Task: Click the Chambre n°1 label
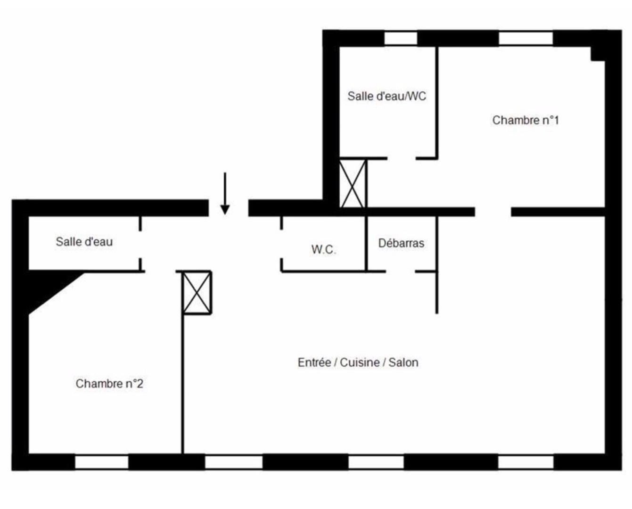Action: click(x=525, y=120)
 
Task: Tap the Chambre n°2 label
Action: click(x=109, y=384)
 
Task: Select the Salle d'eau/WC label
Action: click(x=387, y=96)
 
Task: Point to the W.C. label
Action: click(x=324, y=249)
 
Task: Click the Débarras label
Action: click(x=401, y=243)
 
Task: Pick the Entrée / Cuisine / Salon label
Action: click(x=358, y=362)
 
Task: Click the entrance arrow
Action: click(x=225, y=194)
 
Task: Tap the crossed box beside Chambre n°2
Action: click(x=197, y=293)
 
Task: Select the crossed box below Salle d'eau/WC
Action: click(x=353, y=183)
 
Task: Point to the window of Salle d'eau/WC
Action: click(x=401, y=39)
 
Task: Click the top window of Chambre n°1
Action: click(x=525, y=39)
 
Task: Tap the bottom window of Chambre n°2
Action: click(x=102, y=462)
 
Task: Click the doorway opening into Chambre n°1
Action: click(x=493, y=212)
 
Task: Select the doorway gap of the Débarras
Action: click(x=400, y=271)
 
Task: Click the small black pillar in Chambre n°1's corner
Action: click(x=598, y=54)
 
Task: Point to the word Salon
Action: click(x=403, y=362)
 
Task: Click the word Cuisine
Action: click(x=360, y=362)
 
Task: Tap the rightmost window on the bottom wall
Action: click(x=525, y=462)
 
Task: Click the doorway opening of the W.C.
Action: click(x=281, y=244)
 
